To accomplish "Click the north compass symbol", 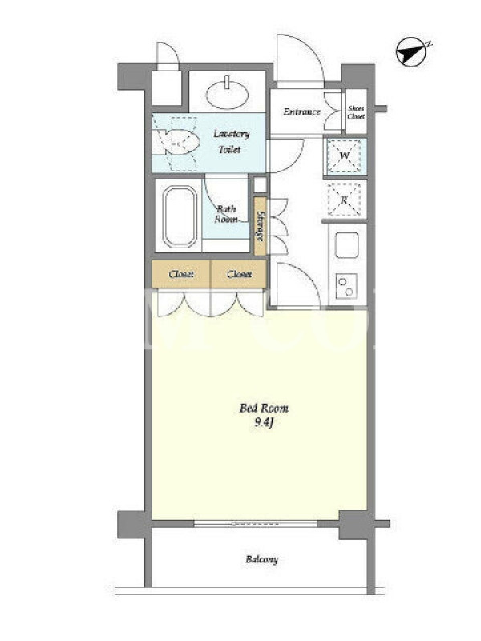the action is pyautogui.click(x=413, y=51).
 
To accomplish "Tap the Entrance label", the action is pyautogui.click(x=301, y=111).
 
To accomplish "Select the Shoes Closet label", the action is pyautogui.click(x=356, y=112).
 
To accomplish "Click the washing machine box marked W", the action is pyautogui.click(x=345, y=155).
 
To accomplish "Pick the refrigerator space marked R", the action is pyautogui.click(x=345, y=200).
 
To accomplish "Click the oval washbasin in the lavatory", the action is pyautogui.click(x=228, y=94).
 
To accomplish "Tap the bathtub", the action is pyautogui.click(x=180, y=216).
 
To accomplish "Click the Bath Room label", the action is pyautogui.click(x=226, y=214).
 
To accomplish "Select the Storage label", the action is pyautogui.click(x=260, y=226).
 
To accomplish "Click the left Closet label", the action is pyautogui.click(x=181, y=274).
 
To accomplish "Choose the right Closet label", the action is pyautogui.click(x=239, y=274).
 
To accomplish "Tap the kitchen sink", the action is pyautogui.click(x=346, y=245).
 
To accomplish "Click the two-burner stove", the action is pyautogui.click(x=346, y=286).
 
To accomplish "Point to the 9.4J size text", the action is pyautogui.click(x=263, y=423).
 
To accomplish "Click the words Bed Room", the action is pyautogui.click(x=264, y=408).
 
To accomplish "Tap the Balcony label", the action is pyautogui.click(x=262, y=559).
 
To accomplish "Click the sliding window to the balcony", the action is pyautogui.click(x=255, y=523).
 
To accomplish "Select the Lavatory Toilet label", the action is pyautogui.click(x=231, y=142).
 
